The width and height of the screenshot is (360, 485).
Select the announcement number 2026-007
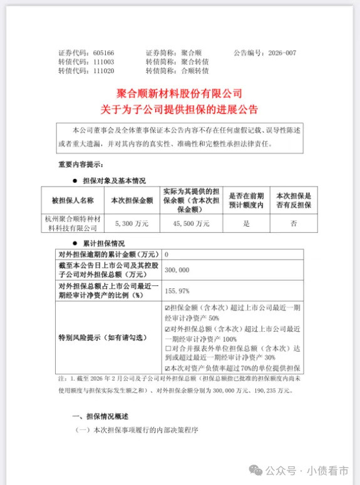281,53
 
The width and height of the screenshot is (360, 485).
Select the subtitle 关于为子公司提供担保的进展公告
179,108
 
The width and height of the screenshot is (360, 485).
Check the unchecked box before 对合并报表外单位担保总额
166,347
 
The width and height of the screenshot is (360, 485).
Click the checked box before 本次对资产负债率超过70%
166,369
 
